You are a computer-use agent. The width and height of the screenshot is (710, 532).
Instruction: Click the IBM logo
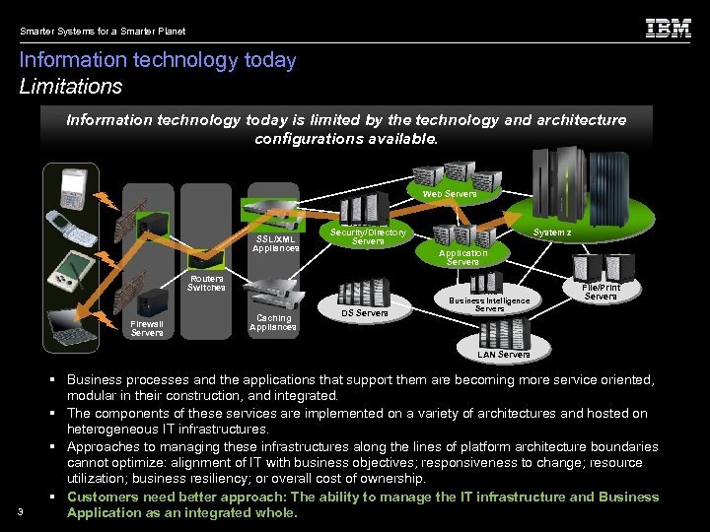click(x=668, y=29)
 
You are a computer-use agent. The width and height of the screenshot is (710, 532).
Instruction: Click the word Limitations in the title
click(x=71, y=87)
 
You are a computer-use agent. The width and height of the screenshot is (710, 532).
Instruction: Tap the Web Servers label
click(x=449, y=194)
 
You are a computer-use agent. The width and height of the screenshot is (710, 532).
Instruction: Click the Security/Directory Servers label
click(x=368, y=236)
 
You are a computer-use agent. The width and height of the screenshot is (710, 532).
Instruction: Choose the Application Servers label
click(x=462, y=257)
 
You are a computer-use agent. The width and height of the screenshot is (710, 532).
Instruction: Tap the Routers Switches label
click(x=206, y=283)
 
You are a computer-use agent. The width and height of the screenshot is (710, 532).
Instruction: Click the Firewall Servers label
click(x=147, y=328)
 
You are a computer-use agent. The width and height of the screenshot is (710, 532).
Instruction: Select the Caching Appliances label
click(x=273, y=322)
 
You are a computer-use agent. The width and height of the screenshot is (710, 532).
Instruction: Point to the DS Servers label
click(x=365, y=313)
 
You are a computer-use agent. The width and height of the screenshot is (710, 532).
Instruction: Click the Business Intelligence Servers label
click(x=489, y=304)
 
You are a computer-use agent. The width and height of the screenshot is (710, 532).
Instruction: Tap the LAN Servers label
click(x=503, y=354)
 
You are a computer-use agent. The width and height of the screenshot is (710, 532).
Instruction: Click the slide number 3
click(x=21, y=509)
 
